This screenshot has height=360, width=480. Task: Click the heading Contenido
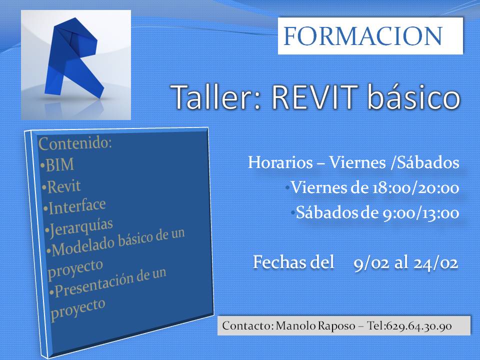(75, 143)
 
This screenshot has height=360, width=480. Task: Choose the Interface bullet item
(76, 206)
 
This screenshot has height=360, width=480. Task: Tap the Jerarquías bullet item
(82, 226)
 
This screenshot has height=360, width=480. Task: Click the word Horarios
(280, 163)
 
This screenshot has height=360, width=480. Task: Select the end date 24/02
(435, 263)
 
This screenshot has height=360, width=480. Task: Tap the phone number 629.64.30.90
(419, 326)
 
